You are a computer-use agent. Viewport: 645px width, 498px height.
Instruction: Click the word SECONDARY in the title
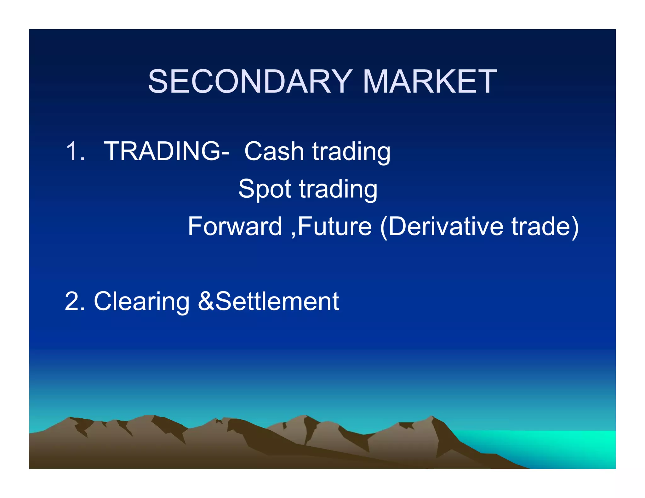pyautogui.click(x=250, y=82)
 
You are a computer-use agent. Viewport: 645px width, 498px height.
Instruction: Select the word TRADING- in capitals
pyautogui.click(x=167, y=151)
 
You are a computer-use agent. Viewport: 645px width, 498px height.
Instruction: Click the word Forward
pyautogui.click(x=235, y=226)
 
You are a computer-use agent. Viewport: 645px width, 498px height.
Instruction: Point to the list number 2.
pyautogui.click(x=74, y=302)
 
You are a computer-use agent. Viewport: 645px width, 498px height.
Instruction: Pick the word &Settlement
pyautogui.click(x=268, y=302)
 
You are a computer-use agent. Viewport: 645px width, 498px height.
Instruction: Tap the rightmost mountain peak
pyautogui.click(x=432, y=417)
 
